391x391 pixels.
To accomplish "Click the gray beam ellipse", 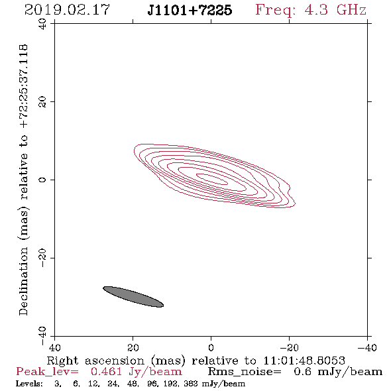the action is (x=133, y=297).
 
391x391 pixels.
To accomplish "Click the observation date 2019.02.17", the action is (x=67, y=10).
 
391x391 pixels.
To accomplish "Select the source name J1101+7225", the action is (x=190, y=10).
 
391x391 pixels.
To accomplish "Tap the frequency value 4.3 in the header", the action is (x=316, y=10).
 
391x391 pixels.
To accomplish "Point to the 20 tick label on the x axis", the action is (x=133, y=348).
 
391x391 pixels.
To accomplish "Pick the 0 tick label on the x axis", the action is (x=211, y=348).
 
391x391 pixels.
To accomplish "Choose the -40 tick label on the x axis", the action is (x=367, y=348).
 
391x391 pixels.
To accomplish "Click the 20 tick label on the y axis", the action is (x=42, y=102).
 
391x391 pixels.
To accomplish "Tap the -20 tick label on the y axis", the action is (x=42, y=258).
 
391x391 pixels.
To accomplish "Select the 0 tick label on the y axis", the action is (x=42, y=180).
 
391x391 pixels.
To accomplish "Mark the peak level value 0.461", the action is (x=106, y=372).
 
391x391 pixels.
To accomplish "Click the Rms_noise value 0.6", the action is (x=302, y=372).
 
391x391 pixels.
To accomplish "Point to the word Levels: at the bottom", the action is (x=29, y=384).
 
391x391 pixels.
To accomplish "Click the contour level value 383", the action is (x=191, y=384).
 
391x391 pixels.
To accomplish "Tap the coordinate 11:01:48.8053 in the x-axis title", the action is (x=304, y=361).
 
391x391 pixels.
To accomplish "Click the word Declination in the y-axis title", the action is (x=23, y=281).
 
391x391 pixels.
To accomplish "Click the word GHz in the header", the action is (x=351, y=10).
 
